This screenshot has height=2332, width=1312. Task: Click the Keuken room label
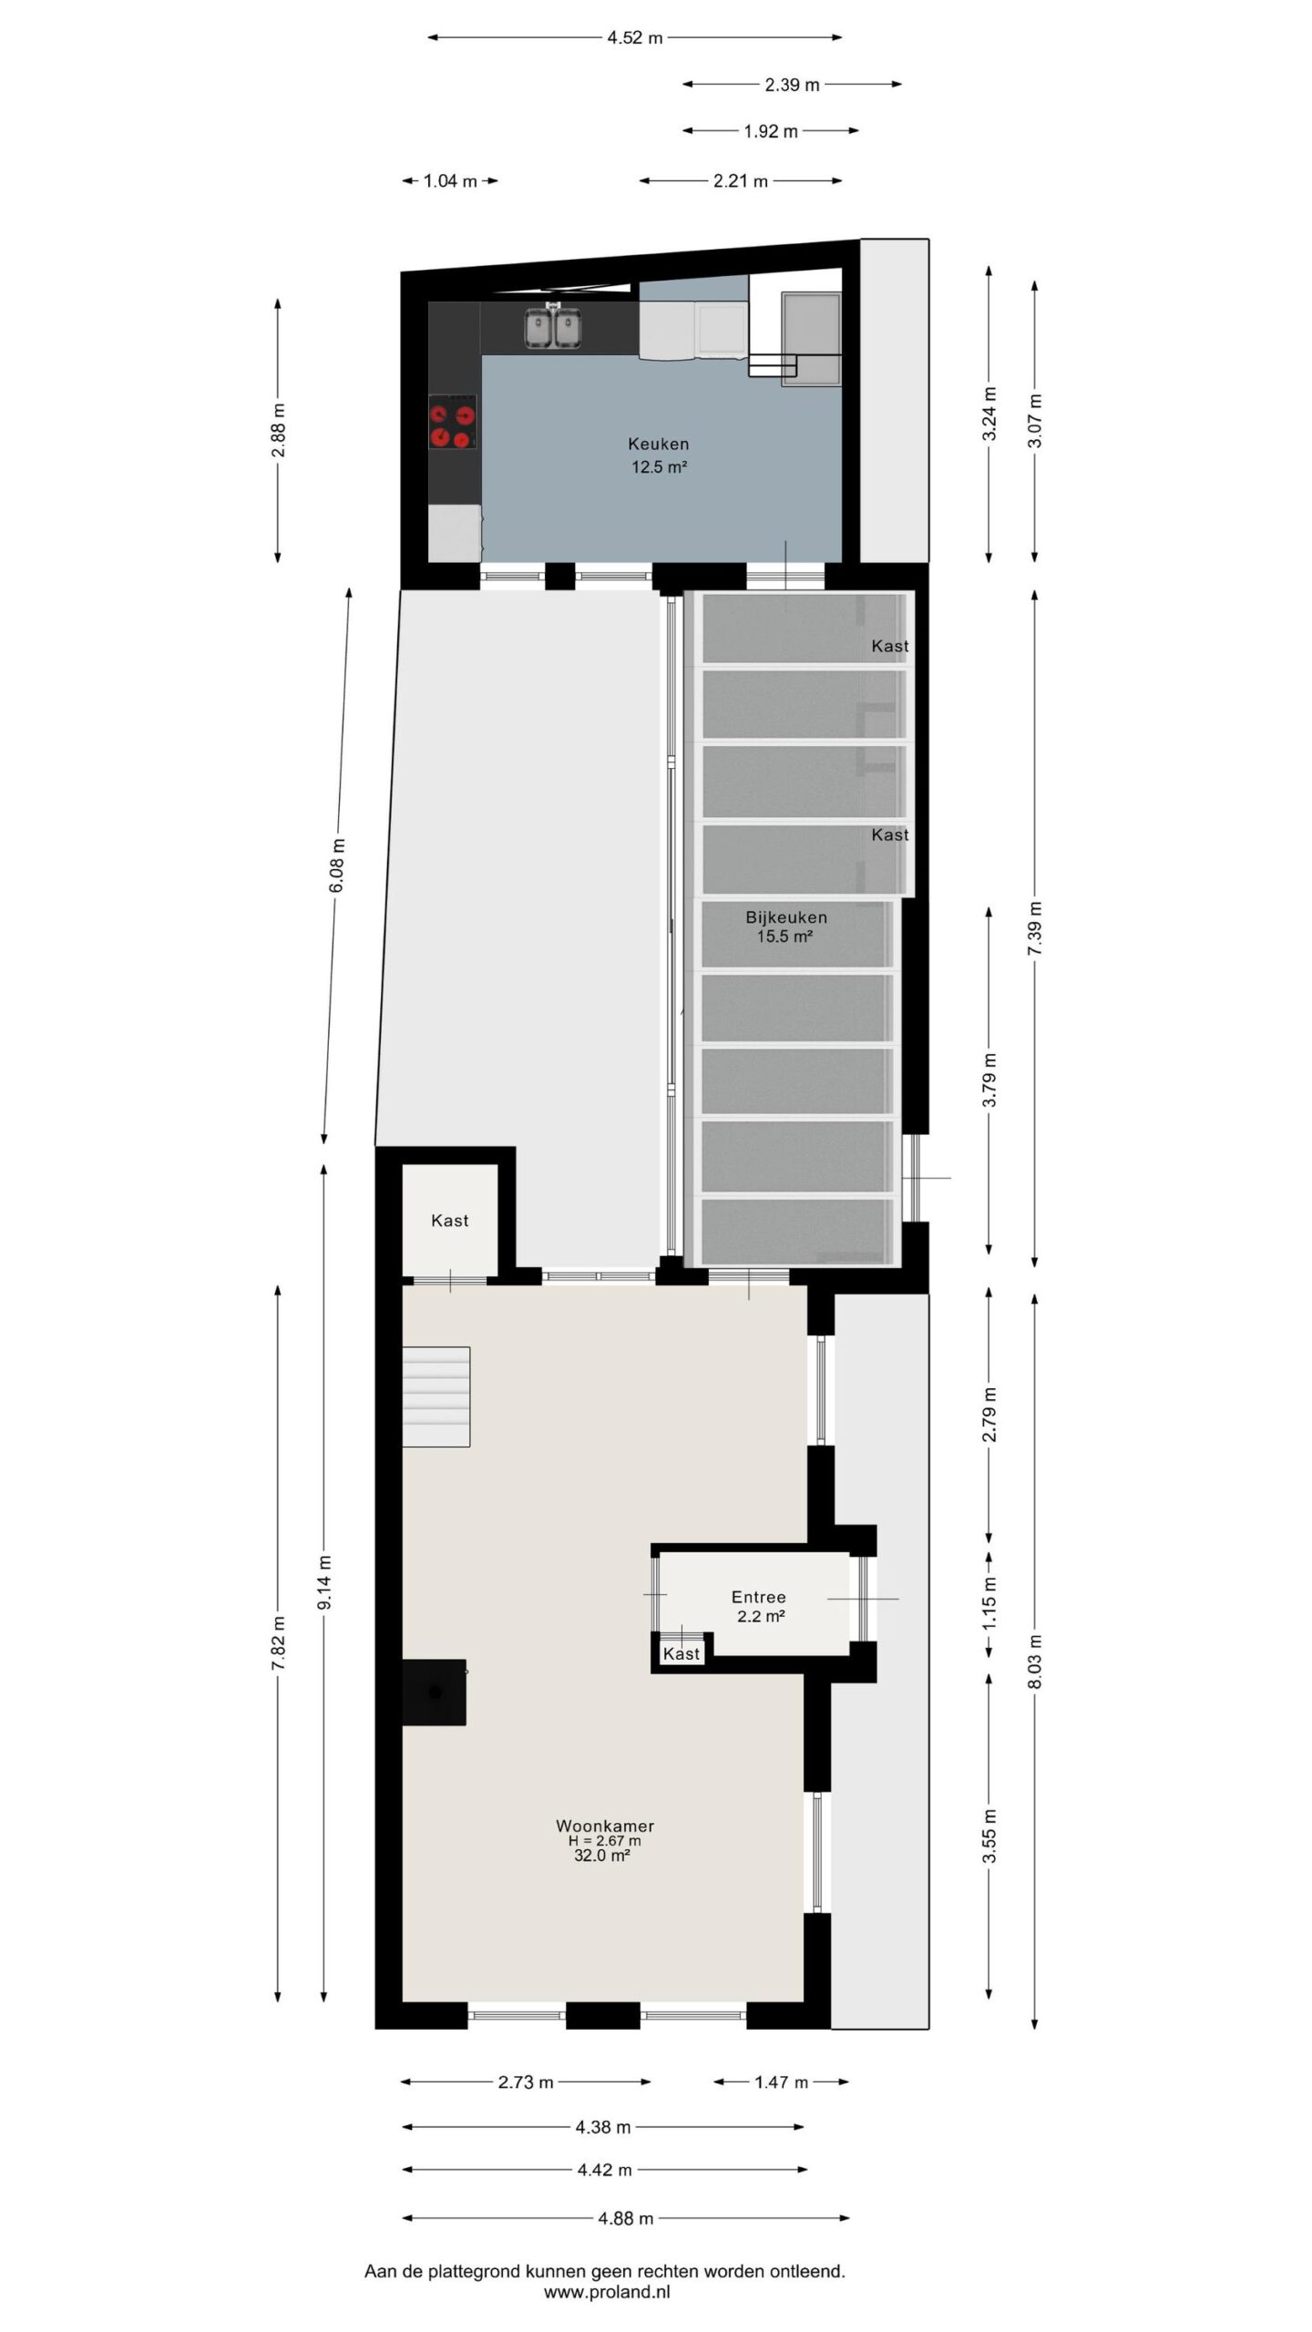pyautogui.click(x=658, y=445)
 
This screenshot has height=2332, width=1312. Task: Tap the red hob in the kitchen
pyautogui.click(x=453, y=422)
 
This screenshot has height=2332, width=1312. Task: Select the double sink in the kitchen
pyautogui.click(x=552, y=327)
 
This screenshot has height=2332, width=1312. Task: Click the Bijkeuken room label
pyautogui.click(x=785, y=917)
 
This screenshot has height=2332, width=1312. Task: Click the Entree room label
pyautogui.click(x=758, y=1597)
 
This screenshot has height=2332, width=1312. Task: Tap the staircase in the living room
pyautogui.click(x=436, y=1396)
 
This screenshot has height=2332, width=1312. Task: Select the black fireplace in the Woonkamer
pyautogui.click(x=435, y=1692)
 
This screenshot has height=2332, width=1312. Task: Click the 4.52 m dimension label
pyautogui.click(x=635, y=37)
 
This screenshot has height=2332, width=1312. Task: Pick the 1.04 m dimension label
pyautogui.click(x=450, y=180)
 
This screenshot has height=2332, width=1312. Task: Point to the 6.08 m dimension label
pyautogui.click(x=337, y=865)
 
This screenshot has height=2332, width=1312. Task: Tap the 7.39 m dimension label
pyautogui.click(x=1034, y=928)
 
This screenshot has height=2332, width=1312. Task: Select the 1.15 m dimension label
pyautogui.click(x=990, y=1603)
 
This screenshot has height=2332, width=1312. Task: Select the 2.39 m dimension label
pyautogui.click(x=792, y=85)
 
